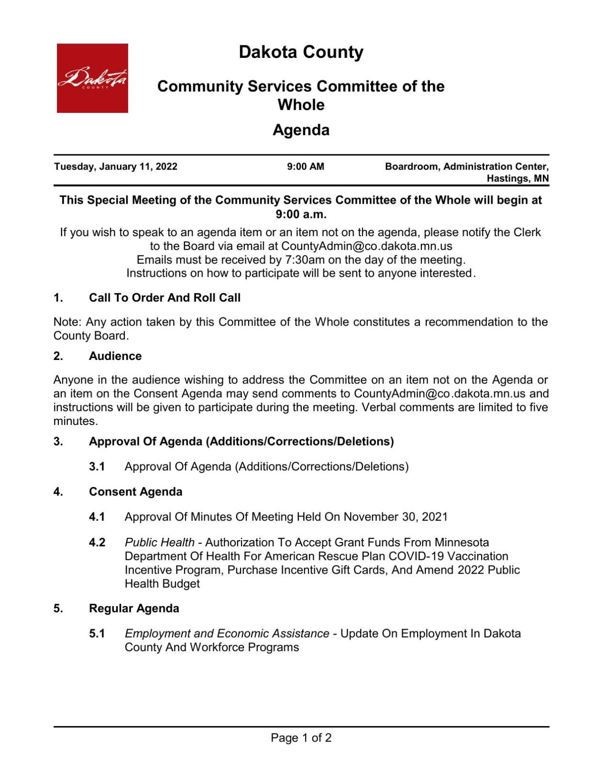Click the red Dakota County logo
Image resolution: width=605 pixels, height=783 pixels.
92,78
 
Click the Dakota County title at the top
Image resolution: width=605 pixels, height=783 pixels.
301,52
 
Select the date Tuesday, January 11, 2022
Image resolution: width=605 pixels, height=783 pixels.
116,167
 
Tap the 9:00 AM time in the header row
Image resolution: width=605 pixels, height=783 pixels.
305,167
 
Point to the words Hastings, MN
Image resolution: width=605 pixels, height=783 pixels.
517,179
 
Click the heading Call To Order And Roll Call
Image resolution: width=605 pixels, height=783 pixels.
165,298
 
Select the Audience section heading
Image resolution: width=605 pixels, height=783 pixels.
115,356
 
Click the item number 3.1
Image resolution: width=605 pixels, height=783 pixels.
97,467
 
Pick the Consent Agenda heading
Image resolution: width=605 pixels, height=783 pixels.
135,492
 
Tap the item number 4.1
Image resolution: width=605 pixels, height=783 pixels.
97,517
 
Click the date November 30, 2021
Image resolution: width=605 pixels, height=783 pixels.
396,517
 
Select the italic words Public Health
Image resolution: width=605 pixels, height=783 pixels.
160,543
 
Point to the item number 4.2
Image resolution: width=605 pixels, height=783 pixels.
97,543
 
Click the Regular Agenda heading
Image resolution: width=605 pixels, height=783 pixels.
134,609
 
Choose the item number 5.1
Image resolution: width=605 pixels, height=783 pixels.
97,634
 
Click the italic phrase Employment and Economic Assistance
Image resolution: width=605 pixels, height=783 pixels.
227,634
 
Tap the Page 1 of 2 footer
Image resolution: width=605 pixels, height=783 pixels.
301,738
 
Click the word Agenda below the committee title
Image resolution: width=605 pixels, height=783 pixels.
301,130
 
